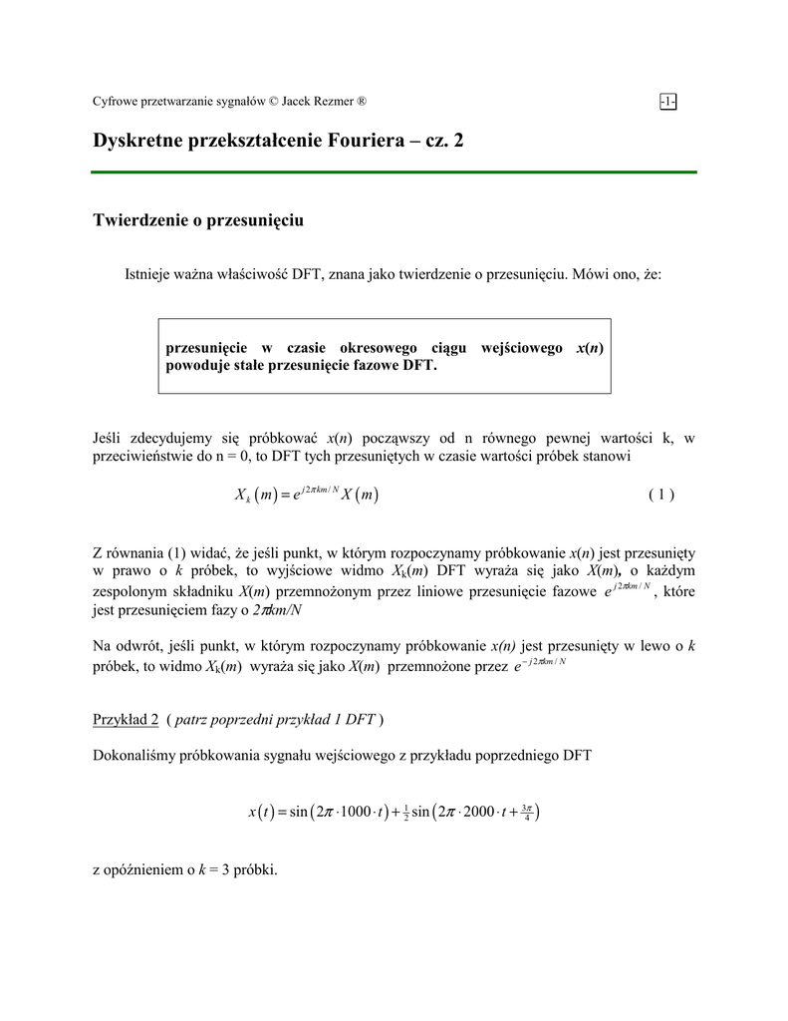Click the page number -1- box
(667, 102)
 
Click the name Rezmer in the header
(332, 102)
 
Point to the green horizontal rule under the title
(394, 172)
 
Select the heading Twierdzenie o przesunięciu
(197, 220)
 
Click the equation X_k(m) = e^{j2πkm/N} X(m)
(307, 495)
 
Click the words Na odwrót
(126, 646)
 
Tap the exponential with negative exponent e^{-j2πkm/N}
(539, 665)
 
